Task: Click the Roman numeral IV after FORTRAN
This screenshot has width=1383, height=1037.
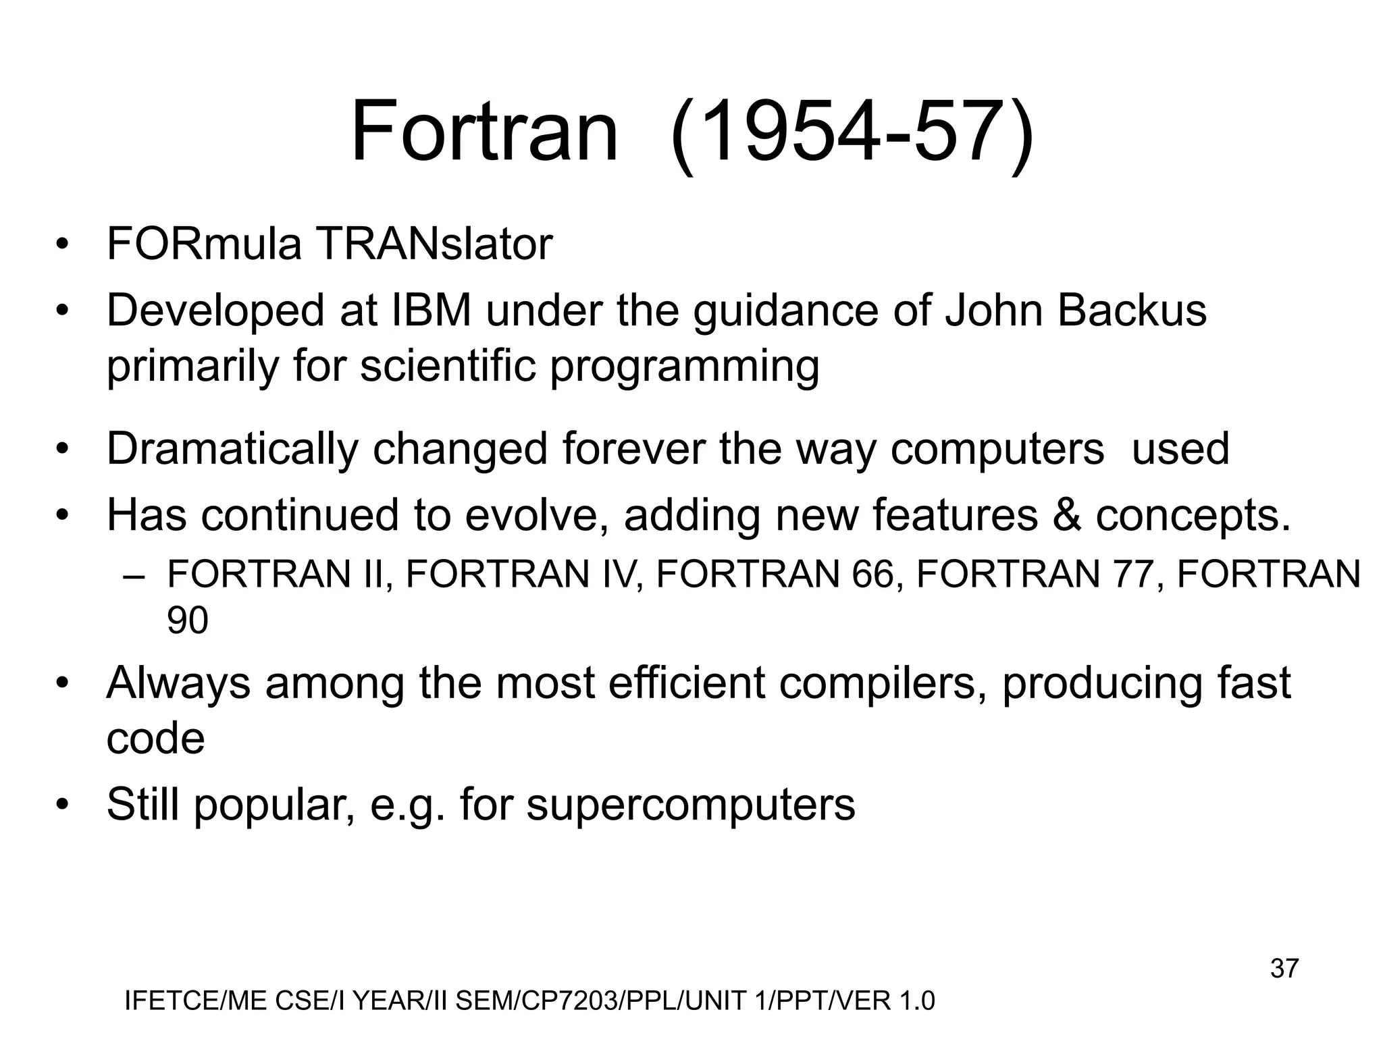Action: click(621, 575)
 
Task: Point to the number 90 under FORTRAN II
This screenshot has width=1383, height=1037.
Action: click(187, 620)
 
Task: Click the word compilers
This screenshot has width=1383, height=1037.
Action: click(882, 683)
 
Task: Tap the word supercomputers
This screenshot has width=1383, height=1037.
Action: click(690, 805)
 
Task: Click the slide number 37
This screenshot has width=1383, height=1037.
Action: click(1284, 969)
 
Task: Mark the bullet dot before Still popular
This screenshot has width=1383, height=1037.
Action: click(63, 805)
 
